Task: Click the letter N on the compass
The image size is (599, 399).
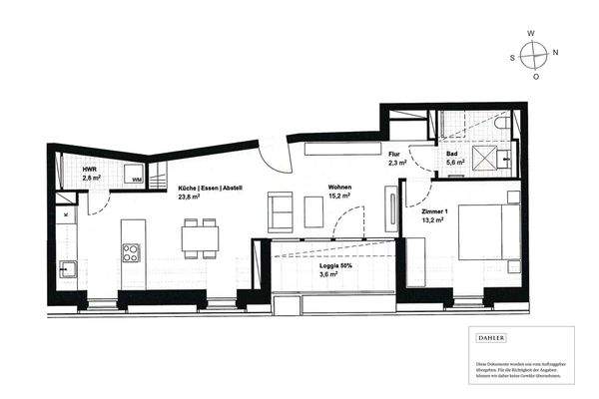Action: click(x=555, y=51)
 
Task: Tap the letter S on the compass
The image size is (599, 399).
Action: click(x=513, y=57)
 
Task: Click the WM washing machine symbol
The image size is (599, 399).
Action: click(x=137, y=179)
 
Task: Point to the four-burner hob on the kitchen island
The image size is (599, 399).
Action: click(x=132, y=252)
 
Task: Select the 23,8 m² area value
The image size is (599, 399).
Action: click(x=191, y=198)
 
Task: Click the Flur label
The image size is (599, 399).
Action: click(x=393, y=153)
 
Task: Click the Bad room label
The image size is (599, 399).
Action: click(x=451, y=153)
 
